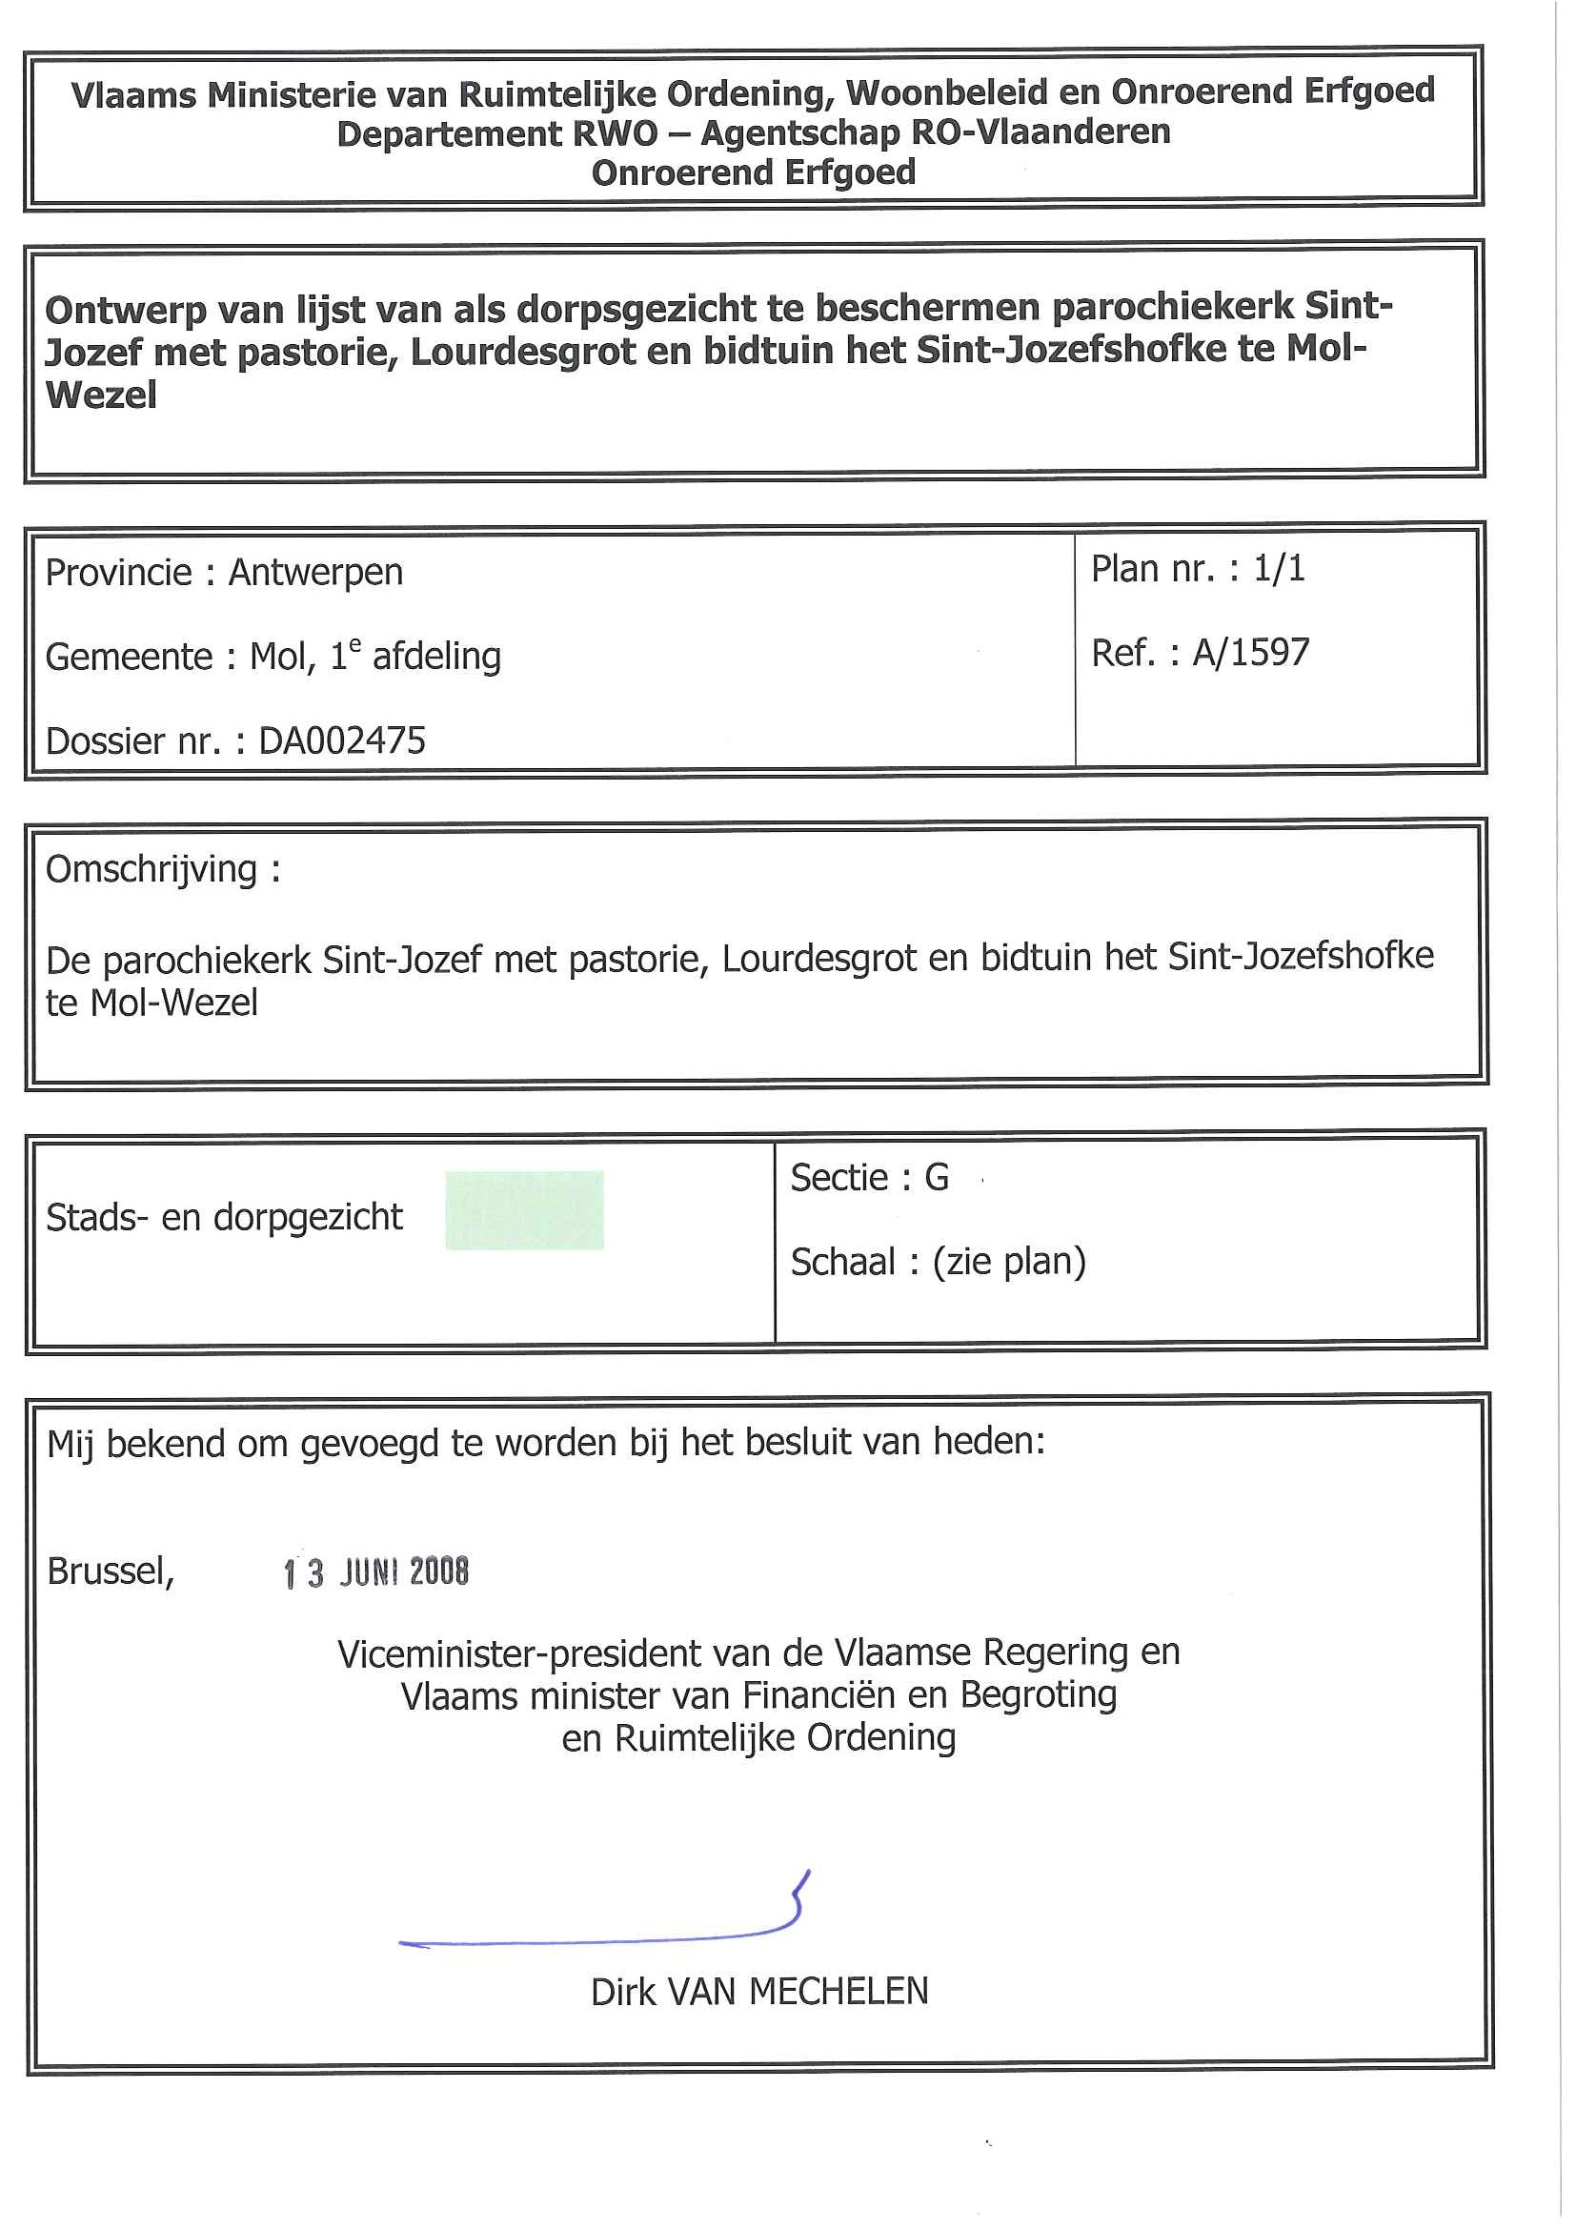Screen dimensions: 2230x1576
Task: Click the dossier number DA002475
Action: click(x=342, y=741)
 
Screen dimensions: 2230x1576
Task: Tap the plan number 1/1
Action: click(x=1279, y=569)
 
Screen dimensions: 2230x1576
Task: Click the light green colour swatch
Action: click(x=524, y=1210)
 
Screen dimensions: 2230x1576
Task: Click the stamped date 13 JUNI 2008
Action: click(x=375, y=1572)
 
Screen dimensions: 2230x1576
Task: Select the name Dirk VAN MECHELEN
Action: click(x=759, y=1992)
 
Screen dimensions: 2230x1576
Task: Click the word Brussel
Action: click(x=110, y=1571)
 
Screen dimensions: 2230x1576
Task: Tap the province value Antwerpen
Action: click(x=315, y=573)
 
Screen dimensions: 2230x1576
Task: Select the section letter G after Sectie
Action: click(x=936, y=1178)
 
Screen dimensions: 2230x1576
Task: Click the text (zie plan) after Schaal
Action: click(x=1009, y=1263)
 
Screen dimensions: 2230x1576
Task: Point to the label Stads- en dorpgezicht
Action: click(x=224, y=1218)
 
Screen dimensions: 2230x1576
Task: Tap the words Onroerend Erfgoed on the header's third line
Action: click(x=754, y=172)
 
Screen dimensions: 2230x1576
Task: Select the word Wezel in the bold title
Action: click(x=101, y=396)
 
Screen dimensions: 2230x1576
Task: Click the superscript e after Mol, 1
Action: click(x=355, y=645)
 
